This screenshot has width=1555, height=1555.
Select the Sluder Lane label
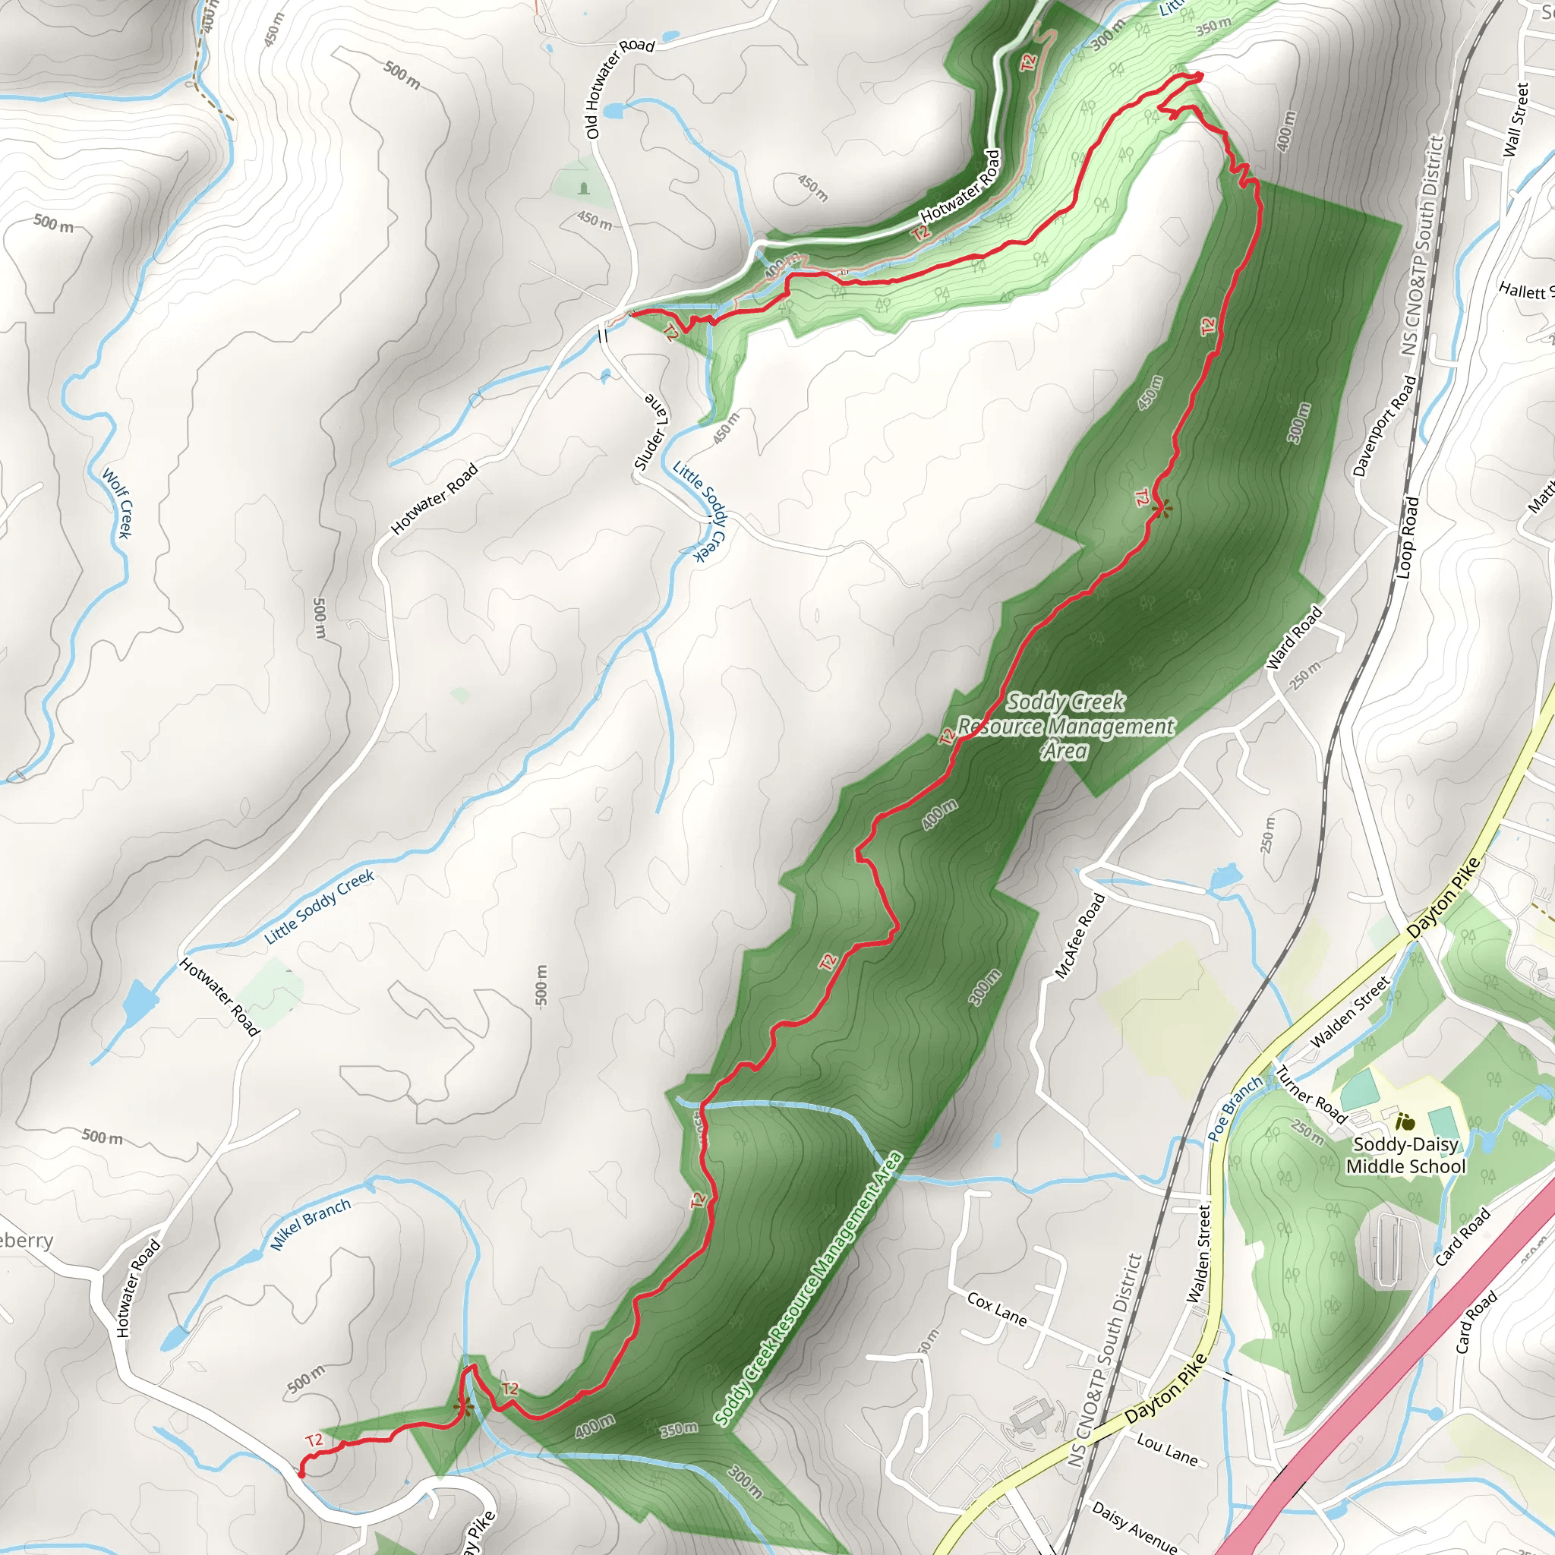(x=651, y=433)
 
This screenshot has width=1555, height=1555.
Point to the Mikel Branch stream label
(x=310, y=1223)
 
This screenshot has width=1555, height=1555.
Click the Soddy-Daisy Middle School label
(x=1405, y=1155)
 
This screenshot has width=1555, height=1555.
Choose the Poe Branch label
(x=1235, y=1108)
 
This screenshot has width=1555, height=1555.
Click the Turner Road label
(x=1311, y=1095)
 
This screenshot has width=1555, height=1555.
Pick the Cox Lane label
(x=996, y=1310)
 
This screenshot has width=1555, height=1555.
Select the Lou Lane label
(x=1167, y=1449)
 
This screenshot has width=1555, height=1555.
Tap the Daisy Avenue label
(x=1134, y=1525)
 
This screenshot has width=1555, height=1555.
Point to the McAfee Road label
(x=1080, y=936)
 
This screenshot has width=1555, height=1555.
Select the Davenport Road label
(x=1383, y=426)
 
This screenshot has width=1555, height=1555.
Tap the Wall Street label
(x=1516, y=120)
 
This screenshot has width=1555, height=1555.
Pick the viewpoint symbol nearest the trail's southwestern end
(x=461, y=1408)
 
